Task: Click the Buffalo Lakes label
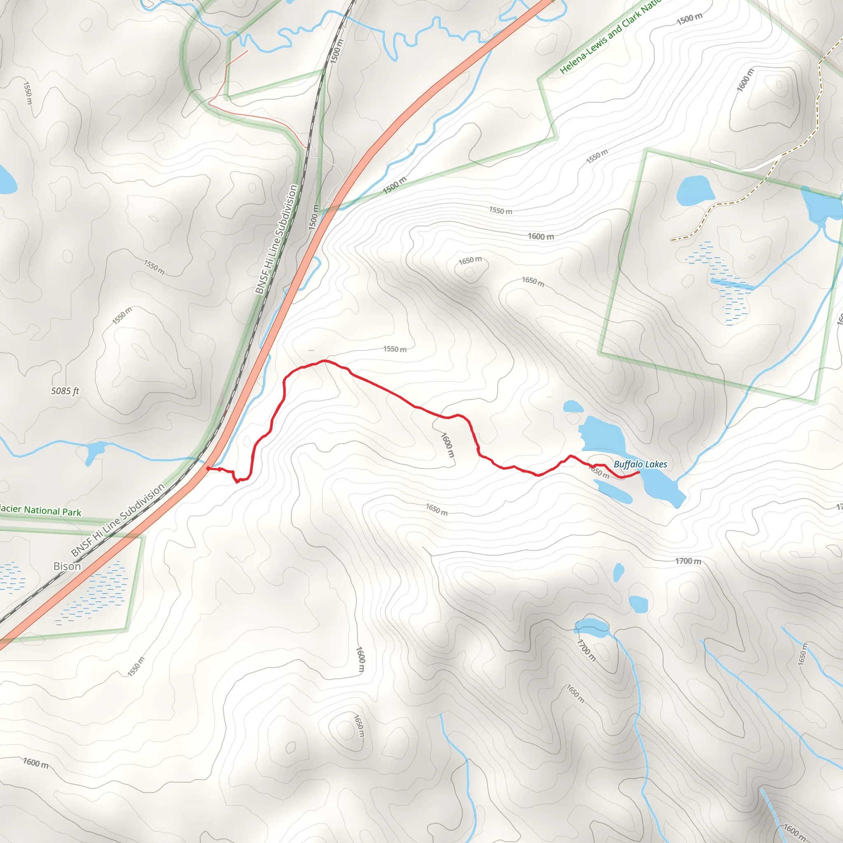[x=640, y=464]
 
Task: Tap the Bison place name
[x=67, y=566]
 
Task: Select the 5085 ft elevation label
[x=65, y=391]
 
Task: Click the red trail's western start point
[x=209, y=468]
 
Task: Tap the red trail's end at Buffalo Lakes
[x=639, y=472]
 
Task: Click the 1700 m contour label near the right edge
[x=688, y=561]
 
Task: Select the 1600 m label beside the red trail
[x=448, y=445]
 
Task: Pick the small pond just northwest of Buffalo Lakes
[x=573, y=407]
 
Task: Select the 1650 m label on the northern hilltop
[x=470, y=261]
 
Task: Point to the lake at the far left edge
[x=6, y=179]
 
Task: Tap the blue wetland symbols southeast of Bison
[x=94, y=594]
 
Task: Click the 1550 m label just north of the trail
[x=395, y=349]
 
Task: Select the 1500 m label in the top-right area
[x=689, y=19]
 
